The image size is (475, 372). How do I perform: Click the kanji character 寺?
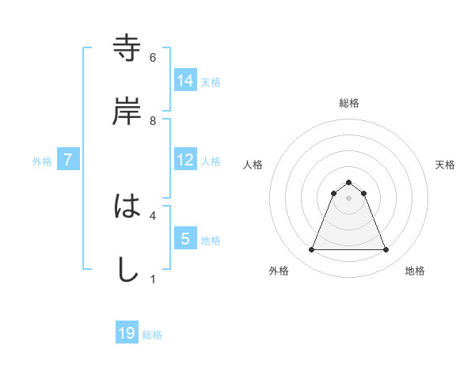(127, 48)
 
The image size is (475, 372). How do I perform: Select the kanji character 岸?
(127, 112)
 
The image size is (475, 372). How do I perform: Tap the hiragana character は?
(127, 207)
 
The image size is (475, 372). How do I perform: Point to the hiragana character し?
(127, 269)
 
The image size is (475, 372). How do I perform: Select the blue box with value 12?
(185, 160)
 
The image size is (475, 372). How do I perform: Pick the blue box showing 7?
(68, 160)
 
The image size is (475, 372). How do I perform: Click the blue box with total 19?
(127, 333)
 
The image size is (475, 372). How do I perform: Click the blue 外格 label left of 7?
(42, 161)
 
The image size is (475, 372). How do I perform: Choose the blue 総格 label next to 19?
(152, 334)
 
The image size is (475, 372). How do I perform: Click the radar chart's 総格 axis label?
(349, 103)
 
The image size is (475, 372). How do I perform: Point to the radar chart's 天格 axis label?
(446, 165)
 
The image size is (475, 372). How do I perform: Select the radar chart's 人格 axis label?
(253, 165)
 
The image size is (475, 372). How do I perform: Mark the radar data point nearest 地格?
(386, 250)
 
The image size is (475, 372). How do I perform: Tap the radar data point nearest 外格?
(311, 250)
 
